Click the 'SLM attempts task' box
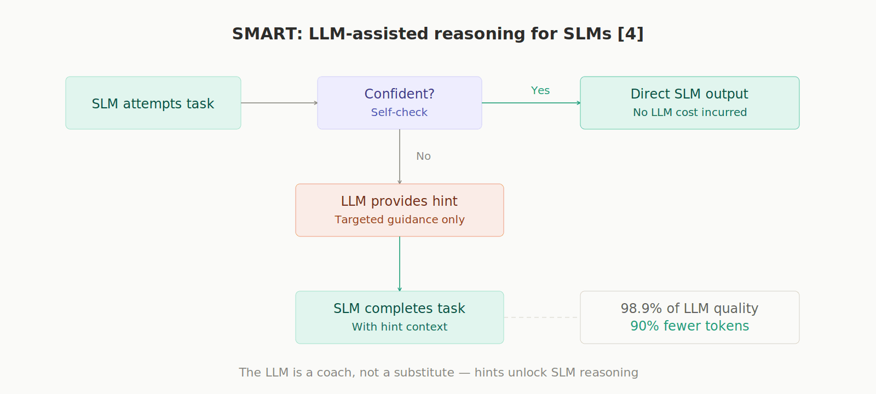(x=153, y=103)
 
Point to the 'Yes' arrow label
(x=540, y=91)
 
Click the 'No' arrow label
(x=423, y=157)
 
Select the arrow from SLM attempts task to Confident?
(x=279, y=103)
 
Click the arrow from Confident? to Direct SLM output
(x=531, y=103)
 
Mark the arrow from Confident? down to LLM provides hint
(x=400, y=157)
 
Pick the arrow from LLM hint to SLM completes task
(x=400, y=264)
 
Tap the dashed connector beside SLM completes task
(x=541, y=317)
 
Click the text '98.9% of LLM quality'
(x=689, y=309)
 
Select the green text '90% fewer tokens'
(x=689, y=326)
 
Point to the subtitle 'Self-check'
(x=399, y=112)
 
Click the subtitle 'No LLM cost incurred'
(x=690, y=112)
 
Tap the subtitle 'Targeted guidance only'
(x=400, y=219)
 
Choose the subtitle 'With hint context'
(x=400, y=327)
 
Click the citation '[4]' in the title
(x=630, y=34)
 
